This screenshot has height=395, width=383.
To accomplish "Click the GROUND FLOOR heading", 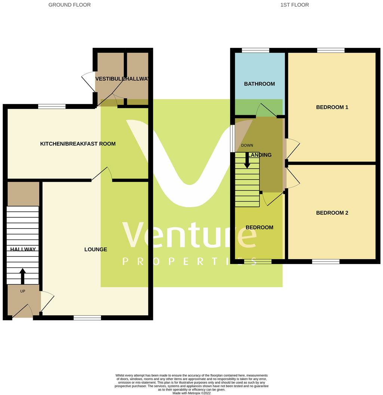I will [70, 5].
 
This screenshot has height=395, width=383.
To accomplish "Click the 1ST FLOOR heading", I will [294, 5].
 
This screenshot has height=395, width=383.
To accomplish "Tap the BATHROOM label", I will [259, 84].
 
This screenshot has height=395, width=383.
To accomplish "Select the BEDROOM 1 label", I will [332, 107].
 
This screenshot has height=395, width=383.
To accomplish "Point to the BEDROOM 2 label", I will [332, 213].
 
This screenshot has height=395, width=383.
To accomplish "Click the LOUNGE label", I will [96, 249].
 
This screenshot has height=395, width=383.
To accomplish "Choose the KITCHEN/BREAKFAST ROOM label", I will [78, 144].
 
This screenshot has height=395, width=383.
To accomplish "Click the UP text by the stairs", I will [22, 291].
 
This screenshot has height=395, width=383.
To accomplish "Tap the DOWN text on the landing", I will [247, 146].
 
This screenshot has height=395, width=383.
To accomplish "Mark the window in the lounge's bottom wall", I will [87, 318].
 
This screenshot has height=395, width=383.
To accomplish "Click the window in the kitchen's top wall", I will [52, 107].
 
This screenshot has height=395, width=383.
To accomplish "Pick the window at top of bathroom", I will [255, 50].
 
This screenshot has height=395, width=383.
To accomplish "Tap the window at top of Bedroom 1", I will [331, 50].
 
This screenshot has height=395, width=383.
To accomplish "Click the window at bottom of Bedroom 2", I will [326, 261].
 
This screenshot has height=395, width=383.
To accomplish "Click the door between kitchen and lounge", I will [102, 174].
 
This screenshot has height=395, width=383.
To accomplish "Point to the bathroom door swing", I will [266, 110].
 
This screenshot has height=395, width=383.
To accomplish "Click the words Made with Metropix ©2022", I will [191, 393].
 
